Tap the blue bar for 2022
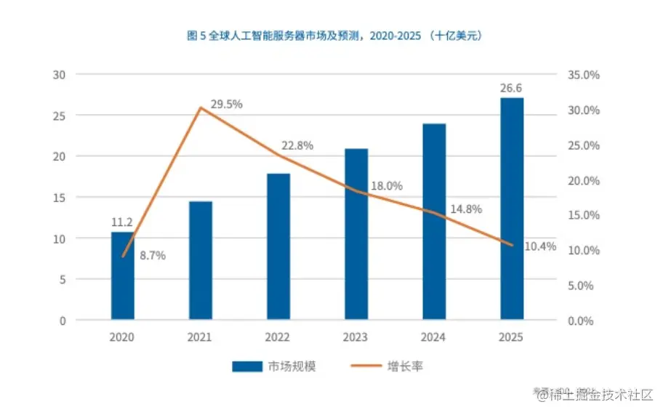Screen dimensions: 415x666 pos(278,246)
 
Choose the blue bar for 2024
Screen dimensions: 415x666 pos(434,222)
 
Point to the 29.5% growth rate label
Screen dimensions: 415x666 pos(226,105)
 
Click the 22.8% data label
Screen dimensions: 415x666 pos(297,146)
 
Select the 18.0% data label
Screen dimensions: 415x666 pos(386,186)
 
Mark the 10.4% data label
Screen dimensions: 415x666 pos(540,246)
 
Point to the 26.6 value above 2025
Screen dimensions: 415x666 pos(512,89)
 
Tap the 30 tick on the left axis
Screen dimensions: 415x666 pos(60,75)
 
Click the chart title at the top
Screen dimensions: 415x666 pos(332,35)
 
